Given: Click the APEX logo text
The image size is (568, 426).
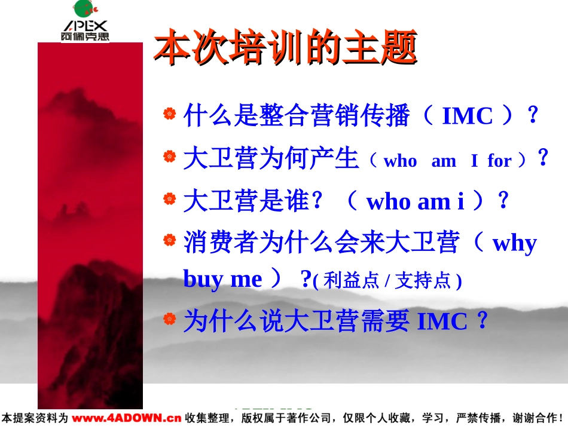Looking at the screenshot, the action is pos(85,26).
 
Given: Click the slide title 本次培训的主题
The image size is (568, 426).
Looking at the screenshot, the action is pos(285,47).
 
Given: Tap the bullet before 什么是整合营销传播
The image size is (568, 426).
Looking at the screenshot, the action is pos(170,114).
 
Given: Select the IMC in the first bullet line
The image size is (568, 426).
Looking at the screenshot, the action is pos(468,116).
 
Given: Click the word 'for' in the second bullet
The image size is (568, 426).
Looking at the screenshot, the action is pos(499,160).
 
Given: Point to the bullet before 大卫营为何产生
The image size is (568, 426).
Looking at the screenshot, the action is pos(170,157).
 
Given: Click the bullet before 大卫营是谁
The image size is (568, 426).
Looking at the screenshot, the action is pos(170,199).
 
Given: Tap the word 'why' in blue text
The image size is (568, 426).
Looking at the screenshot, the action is pos(514,244).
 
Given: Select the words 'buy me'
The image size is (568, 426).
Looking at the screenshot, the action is pos(222,280).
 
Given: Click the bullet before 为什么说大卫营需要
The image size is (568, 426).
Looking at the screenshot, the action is pos(170,319).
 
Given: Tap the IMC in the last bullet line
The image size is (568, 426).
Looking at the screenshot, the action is pos(442,321).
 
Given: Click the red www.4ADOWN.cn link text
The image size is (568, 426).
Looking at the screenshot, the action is pos(126,418).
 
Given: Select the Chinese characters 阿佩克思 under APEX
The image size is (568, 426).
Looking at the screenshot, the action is pos(85,36).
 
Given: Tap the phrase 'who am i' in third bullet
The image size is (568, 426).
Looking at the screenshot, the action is pos(415,201).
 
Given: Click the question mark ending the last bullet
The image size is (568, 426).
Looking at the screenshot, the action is pos(482,320).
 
